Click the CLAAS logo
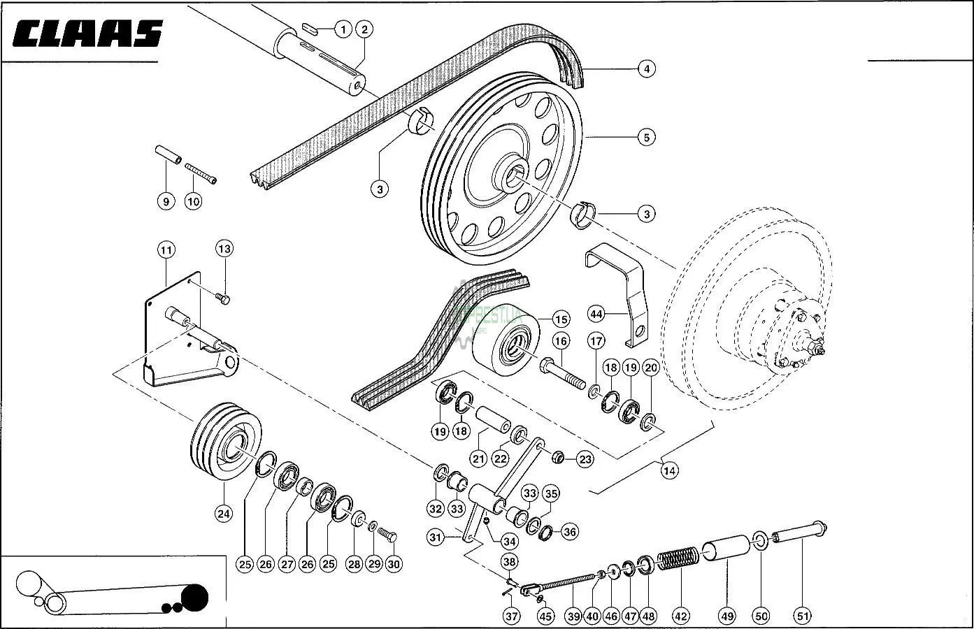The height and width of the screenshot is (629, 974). pos(87,33)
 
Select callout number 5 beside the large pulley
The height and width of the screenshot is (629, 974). pos(646,137)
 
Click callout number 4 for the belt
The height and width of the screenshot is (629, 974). pos(646,68)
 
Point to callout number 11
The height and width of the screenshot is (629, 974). pos(166,250)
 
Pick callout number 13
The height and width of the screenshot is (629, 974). pos(224,248)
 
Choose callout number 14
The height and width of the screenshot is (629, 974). pos(669,470)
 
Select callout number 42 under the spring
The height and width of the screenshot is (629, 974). pos(680,616)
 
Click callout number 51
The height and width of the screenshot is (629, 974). pos(802,616)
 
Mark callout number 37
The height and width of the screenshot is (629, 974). pos(512,616)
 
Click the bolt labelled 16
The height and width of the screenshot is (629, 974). pos(563,373)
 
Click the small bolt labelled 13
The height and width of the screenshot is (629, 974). pos(224,299)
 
